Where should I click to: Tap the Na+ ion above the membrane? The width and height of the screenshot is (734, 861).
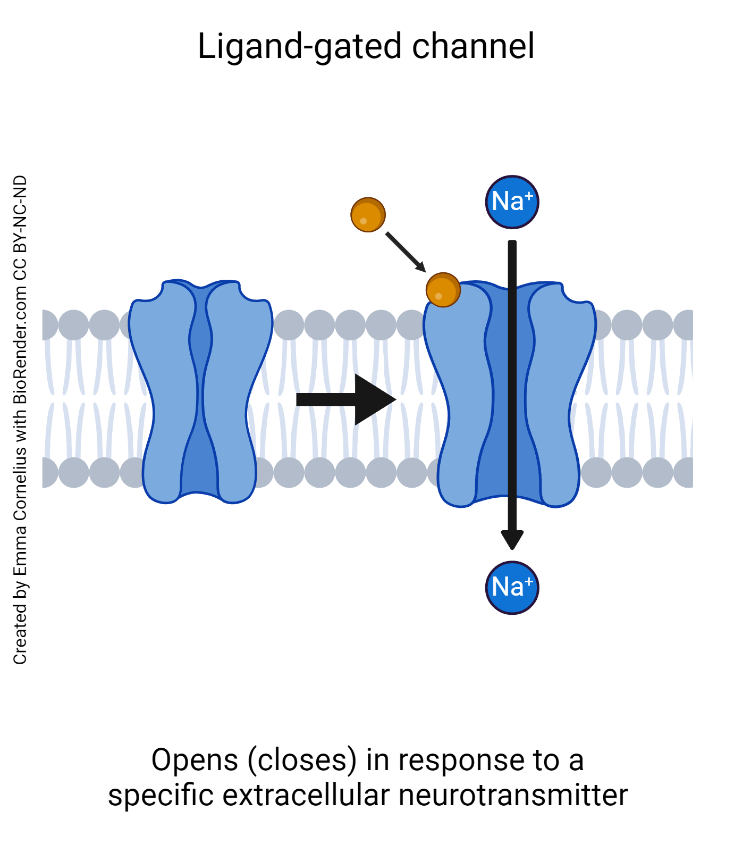tap(512, 202)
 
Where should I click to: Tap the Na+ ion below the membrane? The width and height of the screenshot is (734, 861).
tap(512, 588)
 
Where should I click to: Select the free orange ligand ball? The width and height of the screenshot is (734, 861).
tap(368, 215)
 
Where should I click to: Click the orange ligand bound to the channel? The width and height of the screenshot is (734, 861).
tap(443, 290)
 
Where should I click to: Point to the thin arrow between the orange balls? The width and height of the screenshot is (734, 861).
tap(405, 252)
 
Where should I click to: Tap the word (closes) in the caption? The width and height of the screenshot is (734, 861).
tap(302, 760)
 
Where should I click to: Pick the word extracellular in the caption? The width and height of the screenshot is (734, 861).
tap(306, 796)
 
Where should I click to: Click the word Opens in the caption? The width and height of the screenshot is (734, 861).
tap(194, 761)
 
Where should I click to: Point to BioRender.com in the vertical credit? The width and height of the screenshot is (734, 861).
tap(20, 346)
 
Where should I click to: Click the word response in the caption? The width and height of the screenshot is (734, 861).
tap(460, 761)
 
